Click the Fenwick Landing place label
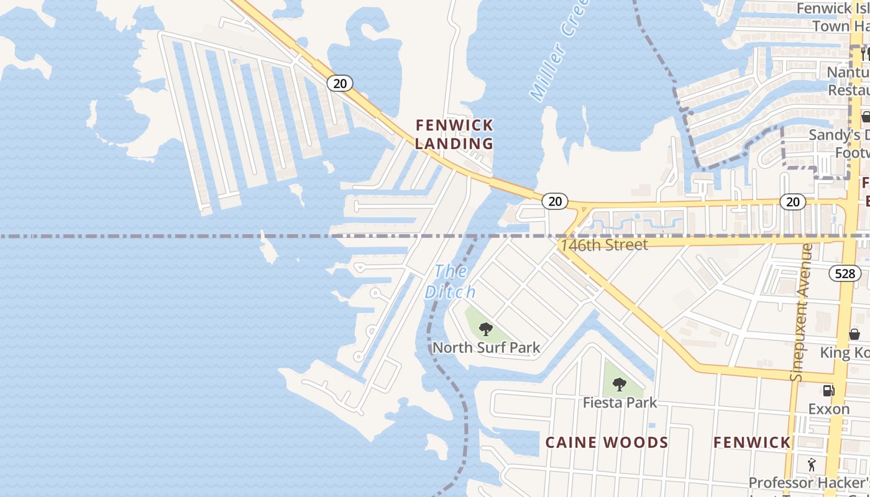[x=454, y=134]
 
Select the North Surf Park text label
[x=486, y=348]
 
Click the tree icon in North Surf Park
[x=486, y=329]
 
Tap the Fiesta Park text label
[x=620, y=403]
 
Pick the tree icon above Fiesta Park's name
[x=620, y=385]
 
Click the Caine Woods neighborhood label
[x=607, y=442]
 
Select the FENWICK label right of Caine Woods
[x=751, y=442]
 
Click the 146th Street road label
[x=604, y=245]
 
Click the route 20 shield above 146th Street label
[x=555, y=201]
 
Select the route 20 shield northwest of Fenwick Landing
[x=340, y=83]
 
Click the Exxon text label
[x=829, y=409]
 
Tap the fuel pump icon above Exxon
[x=828, y=391]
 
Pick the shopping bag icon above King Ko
[x=854, y=334]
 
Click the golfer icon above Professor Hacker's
[x=811, y=464]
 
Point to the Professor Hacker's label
[x=808, y=483]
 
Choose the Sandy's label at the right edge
[x=838, y=135]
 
